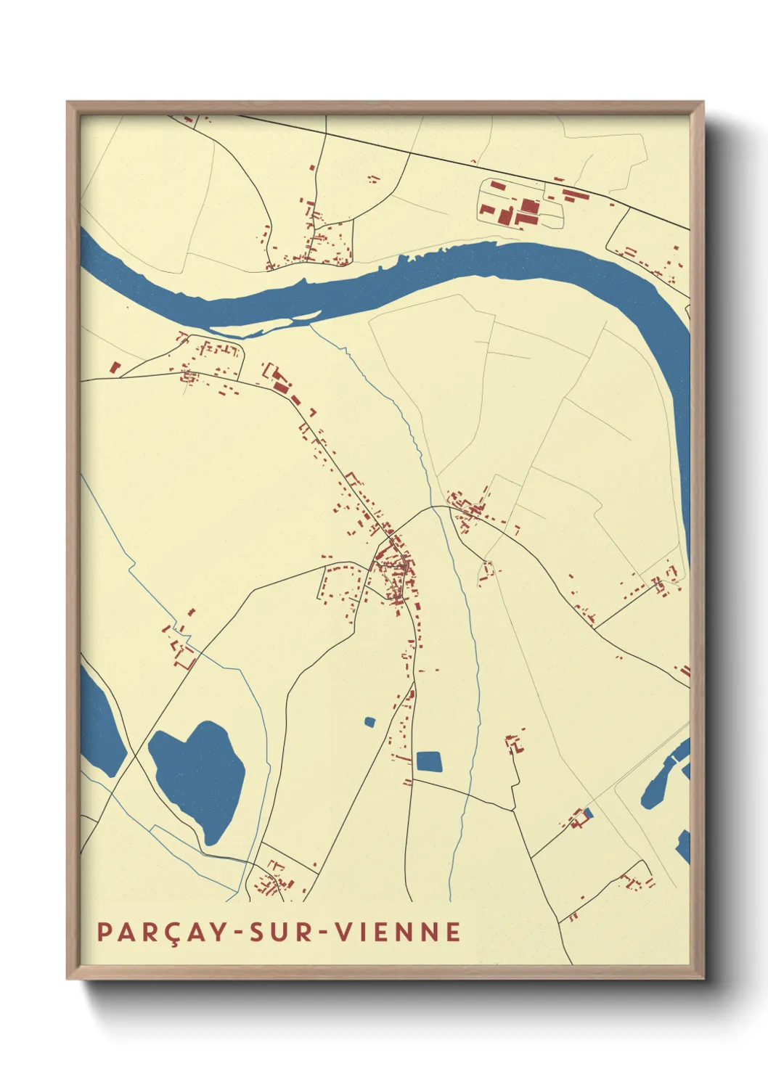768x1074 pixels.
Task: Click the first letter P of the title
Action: [x=104, y=932]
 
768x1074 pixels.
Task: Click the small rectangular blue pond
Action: [x=429, y=761]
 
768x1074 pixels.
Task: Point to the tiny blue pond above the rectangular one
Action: [x=369, y=722]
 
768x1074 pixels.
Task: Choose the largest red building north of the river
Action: [x=528, y=212]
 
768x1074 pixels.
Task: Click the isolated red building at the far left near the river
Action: [x=114, y=367]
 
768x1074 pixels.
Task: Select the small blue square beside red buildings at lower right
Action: [x=588, y=813]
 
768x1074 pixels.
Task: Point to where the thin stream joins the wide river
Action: [x=310, y=324]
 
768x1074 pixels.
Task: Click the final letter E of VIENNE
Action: [x=454, y=932]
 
